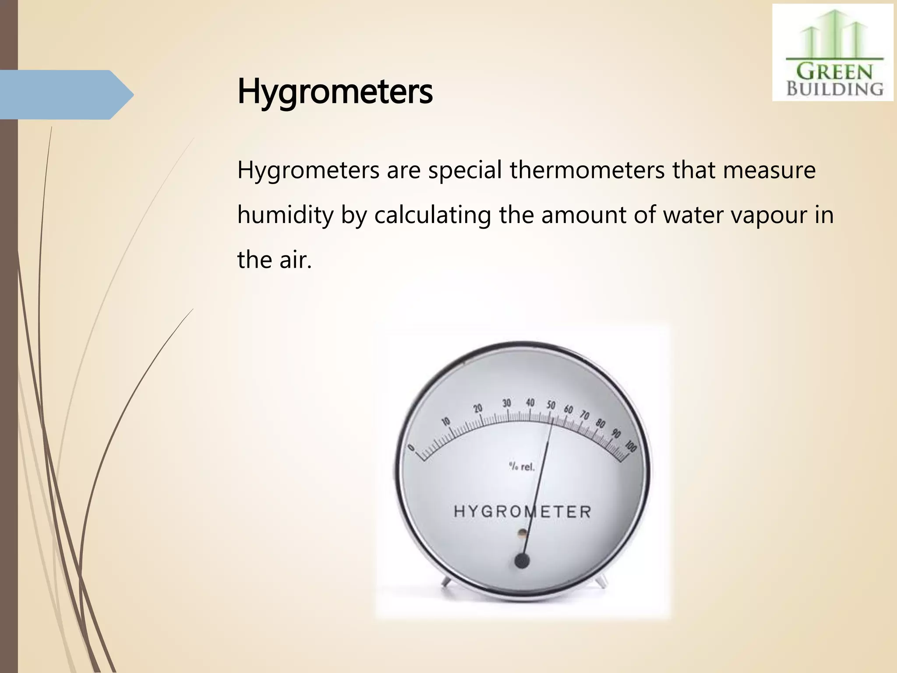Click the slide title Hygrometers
click(x=335, y=92)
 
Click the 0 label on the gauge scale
click(x=411, y=447)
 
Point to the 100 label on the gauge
click(x=631, y=446)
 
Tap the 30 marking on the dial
click(x=507, y=403)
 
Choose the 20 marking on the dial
click(x=478, y=408)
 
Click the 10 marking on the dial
click(x=446, y=422)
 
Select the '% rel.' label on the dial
click(x=522, y=467)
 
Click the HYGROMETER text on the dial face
click(x=523, y=511)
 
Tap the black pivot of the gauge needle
click(x=522, y=561)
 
